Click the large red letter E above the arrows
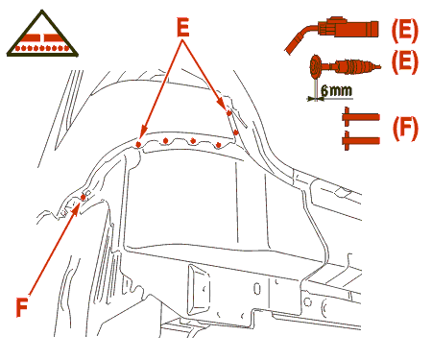click(183, 27)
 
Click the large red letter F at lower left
click(22, 306)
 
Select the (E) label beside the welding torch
click(404, 31)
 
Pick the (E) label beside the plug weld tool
click(404, 62)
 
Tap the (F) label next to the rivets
click(405, 129)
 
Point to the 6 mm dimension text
click(336, 91)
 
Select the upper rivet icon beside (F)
click(361, 117)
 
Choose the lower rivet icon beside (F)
click(361, 140)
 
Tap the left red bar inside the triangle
click(30, 37)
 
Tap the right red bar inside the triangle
click(55, 37)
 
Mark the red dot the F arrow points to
click(84, 198)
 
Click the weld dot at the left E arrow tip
click(138, 145)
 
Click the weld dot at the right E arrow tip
click(228, 113)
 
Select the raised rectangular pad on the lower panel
click(199, 289)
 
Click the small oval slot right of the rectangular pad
click(257, 288)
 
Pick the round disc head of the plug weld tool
click(316, 66)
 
